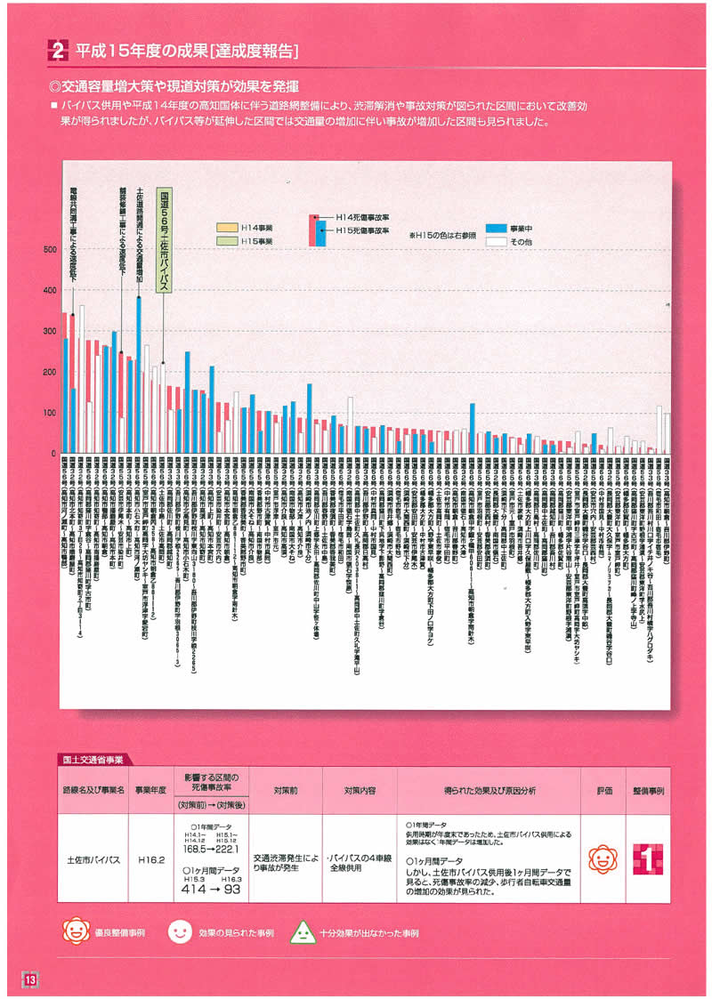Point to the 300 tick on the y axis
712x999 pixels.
point(50,331)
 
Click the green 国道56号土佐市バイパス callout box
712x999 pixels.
point(164,240)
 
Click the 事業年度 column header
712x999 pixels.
point(150,789)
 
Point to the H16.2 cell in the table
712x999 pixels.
point(150,860)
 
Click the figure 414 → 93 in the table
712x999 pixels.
point(210,888)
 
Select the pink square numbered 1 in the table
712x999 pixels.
point(648,859)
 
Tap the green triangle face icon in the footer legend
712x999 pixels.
point(303,933)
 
